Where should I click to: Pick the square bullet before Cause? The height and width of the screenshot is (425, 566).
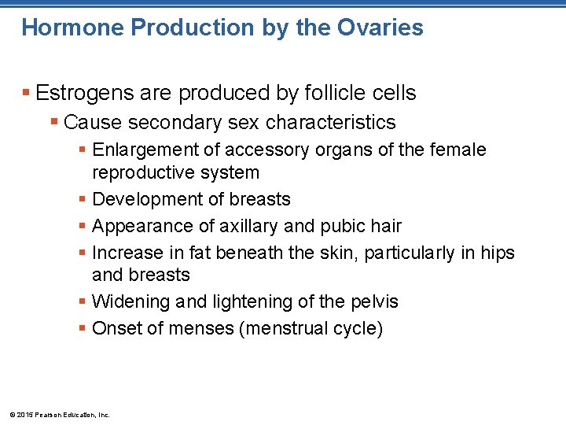[x=53, y=123]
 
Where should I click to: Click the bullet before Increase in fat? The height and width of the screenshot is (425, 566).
[x=83, y=253]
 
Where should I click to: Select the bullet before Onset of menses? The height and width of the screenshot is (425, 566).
[x=83, y=328]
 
